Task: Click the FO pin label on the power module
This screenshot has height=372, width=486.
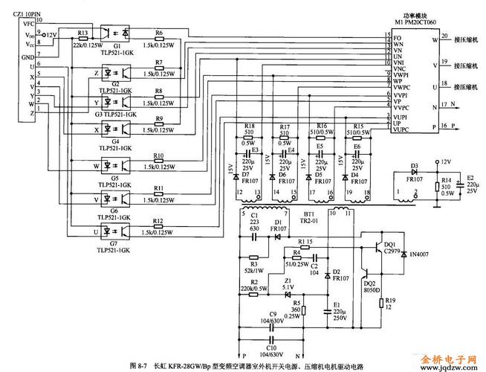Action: pyautogui.click(x=398, y=37)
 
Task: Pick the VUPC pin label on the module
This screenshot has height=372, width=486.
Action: pyautogui.click(x=402, y=129)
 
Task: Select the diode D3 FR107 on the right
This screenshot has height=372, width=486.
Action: pyautogui.click(x=415, y=170)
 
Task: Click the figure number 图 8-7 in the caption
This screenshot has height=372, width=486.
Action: pyautogui.click(x=139, y=365)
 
